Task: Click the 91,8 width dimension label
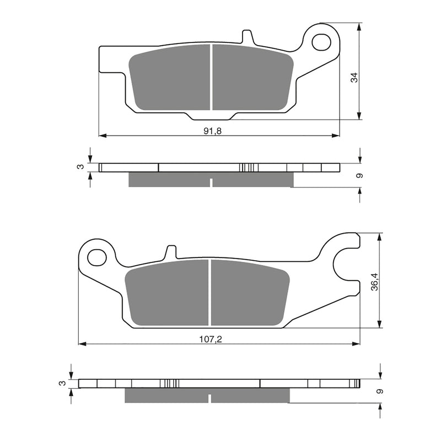pyautogui.click(x=212, y=131)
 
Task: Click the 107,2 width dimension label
pyautogui.click(x=210, y=340)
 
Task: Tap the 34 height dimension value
pyautogui.click(x=355, y=78)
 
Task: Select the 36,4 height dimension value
pyautogui.click(x=374, y=281)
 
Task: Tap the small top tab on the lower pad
pyautogui.click(x=171, y=251)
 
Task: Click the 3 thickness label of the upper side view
pyautogui.click(x=80, y=166)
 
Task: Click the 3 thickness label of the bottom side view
pyautogui.click(x=62, y=383)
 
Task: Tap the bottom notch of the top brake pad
pyautogui.click(x=212, y=116)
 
